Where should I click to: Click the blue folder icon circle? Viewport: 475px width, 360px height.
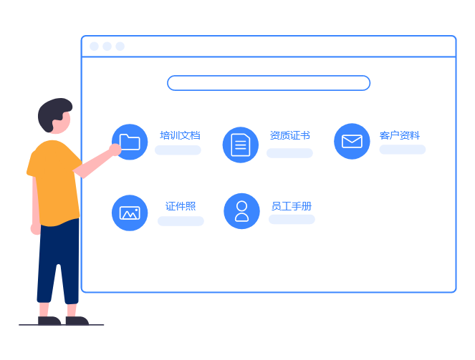(130, 142)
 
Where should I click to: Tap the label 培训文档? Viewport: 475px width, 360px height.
(180, 135)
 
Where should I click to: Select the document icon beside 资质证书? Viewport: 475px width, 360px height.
(241, 145)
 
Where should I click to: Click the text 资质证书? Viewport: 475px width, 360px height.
(289, 135)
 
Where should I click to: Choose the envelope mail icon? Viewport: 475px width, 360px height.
(352, 141)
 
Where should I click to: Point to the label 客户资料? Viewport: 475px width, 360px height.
(400, 135)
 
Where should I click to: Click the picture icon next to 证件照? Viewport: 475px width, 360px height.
(130, 213)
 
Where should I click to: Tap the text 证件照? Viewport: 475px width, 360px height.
(181, 206)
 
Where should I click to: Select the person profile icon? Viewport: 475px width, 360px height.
(241, 210)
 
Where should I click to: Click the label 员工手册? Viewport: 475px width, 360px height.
(291, 206)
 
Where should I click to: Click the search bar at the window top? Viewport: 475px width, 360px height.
(269, 83)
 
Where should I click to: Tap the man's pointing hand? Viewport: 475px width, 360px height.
(115, 149)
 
